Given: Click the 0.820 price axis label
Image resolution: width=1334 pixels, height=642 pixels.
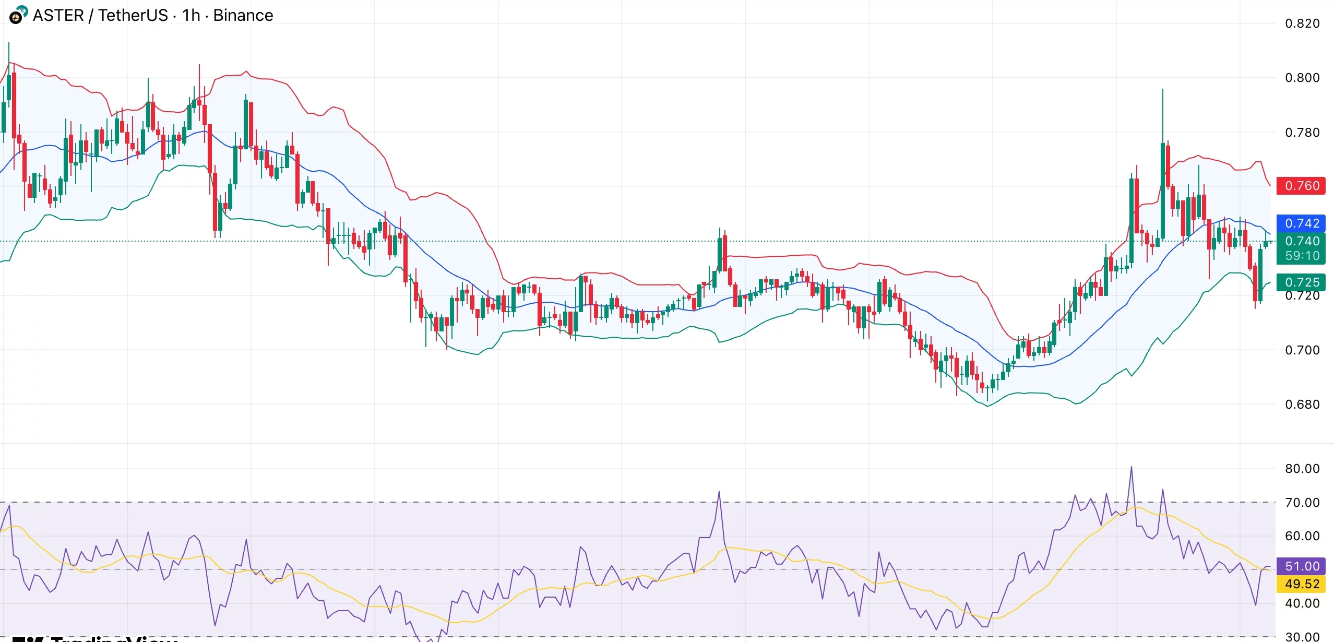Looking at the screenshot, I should pos(1302,23).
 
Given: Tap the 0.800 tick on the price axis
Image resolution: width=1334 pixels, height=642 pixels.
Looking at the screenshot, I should pos(1302,78).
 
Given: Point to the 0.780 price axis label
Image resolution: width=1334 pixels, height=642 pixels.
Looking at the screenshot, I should pos(1302,133).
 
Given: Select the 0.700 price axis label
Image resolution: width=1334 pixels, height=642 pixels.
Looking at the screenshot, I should pos(1302,350).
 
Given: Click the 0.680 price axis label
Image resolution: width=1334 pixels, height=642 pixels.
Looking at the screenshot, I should pos(1302,405).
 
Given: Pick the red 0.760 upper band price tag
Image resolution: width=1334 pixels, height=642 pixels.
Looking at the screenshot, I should pos(1301,186).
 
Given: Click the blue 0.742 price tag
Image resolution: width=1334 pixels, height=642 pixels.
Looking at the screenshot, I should pos(1301,223).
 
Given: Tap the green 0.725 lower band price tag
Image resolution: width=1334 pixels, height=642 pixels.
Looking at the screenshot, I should pos(1301,282).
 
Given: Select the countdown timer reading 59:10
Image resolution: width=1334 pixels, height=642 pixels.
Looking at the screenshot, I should pos(1301,256).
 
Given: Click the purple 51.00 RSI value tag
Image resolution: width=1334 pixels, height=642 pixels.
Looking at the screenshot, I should pos(1301,566).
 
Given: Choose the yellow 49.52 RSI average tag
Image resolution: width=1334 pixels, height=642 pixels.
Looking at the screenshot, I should pos(1301,584).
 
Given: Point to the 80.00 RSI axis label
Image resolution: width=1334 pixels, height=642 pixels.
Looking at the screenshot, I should pos(1302,469).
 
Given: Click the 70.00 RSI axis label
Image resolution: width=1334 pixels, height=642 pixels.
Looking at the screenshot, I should pos(1302,503).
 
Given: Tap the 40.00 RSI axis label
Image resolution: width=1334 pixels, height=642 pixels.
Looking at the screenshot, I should pos(1302,603).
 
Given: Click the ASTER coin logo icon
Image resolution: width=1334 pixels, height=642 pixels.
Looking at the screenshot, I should pos(18,15).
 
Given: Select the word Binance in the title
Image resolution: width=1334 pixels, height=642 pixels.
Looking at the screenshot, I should pos(243,16).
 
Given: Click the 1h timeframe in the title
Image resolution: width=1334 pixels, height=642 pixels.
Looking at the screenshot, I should pos(191,16).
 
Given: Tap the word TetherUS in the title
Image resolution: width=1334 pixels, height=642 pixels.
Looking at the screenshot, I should pos(133,16).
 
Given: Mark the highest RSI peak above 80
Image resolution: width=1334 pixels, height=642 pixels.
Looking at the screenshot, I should pos(1131,467).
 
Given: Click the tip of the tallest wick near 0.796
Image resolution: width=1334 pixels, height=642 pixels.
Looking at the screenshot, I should pos(1162,90).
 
